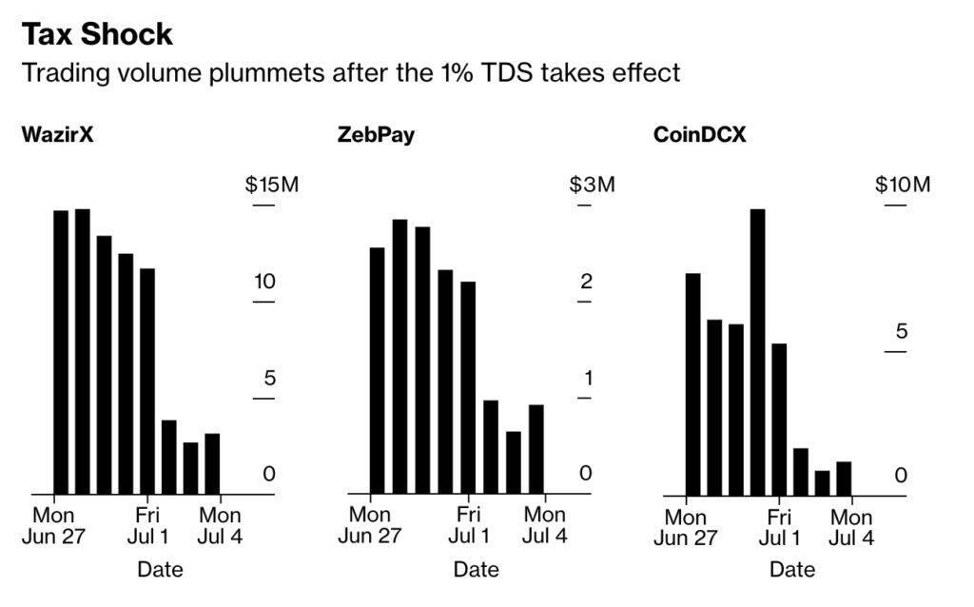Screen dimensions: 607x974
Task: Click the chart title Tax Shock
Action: pos(97,34)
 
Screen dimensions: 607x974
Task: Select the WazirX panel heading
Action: pos(58,134)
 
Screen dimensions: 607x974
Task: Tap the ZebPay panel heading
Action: pos(376,134)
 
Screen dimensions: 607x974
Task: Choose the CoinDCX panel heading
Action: pos(699,134)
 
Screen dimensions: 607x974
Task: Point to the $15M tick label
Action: pos(272,185)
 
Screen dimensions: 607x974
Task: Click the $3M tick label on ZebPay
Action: pos(592,185)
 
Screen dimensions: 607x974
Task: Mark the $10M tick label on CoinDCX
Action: pos(903,185)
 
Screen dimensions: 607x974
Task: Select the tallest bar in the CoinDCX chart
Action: pos(757,352)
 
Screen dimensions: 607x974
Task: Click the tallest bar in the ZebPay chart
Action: pos(399,357)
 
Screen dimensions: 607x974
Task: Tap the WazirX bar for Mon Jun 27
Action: pos(61,352)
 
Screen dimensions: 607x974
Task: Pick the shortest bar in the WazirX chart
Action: pos(190,468)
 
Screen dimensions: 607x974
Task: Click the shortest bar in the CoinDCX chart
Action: pos(822,482)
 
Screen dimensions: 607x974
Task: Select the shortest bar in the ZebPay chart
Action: pos(514,462)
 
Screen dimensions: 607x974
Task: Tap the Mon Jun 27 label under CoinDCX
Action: pos(685,527)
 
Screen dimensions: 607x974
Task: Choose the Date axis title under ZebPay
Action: pos(476,569)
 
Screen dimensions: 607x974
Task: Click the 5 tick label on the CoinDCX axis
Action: pos(902,332)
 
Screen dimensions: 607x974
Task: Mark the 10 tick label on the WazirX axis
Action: pos(263,282)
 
